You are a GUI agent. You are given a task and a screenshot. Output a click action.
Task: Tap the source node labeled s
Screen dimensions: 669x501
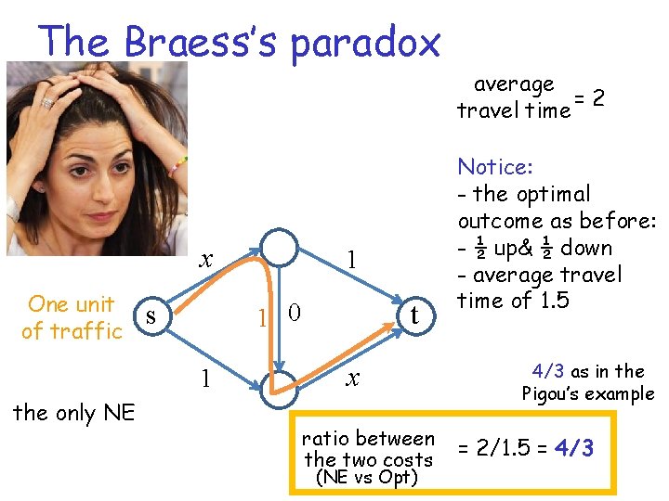point(151,316)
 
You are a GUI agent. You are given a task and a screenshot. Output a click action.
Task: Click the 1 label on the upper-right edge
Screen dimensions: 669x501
point(351,259)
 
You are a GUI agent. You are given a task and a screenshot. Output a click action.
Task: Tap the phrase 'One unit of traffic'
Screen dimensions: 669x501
point(72,317)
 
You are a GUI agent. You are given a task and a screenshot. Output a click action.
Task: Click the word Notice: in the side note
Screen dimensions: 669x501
point(495,167)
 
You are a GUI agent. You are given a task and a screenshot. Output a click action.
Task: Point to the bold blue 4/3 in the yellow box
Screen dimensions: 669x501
point(575,449)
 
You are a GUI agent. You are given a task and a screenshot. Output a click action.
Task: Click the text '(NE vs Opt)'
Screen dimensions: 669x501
point(367,478)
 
